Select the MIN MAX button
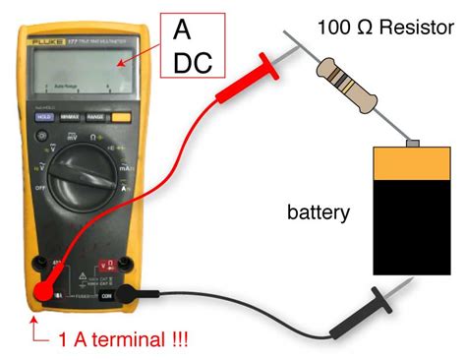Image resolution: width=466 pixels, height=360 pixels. (70, 116)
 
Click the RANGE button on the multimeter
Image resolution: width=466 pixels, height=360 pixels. (95, 116)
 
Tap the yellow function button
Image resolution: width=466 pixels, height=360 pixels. (122, 116)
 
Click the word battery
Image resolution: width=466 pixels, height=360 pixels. (319, 210)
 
